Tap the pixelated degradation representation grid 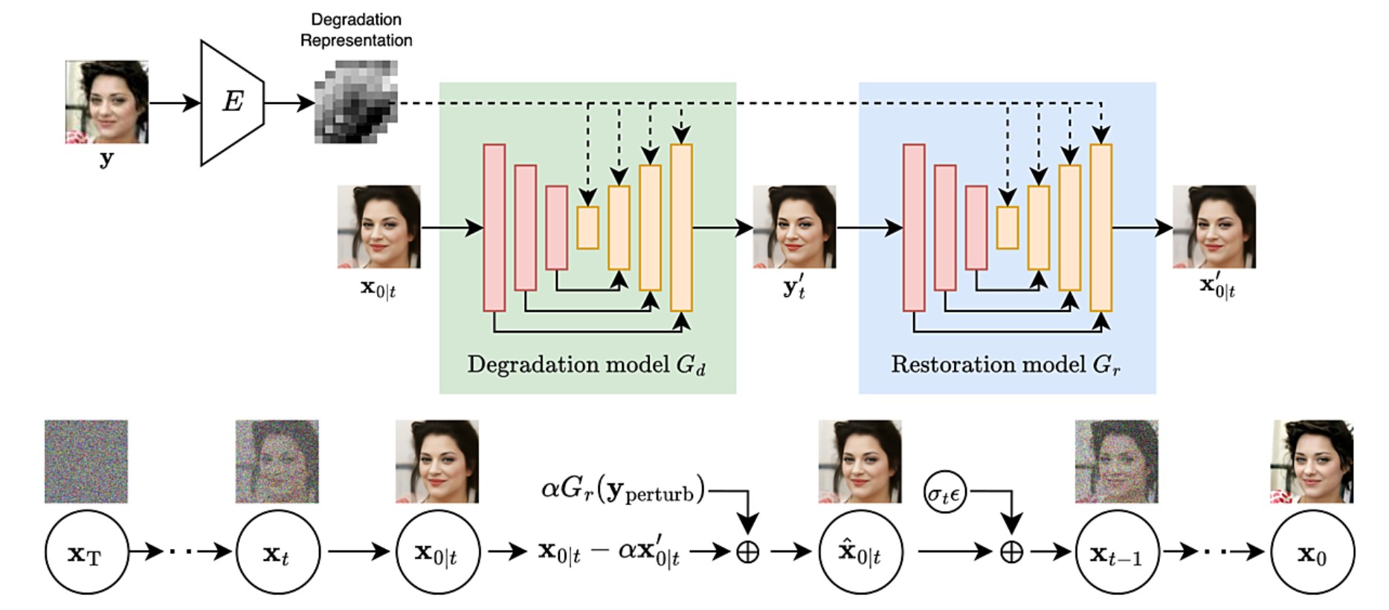coord(355,102)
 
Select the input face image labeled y coord(106,102)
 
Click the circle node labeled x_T coord(86,552)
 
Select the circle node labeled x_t coord(277,552)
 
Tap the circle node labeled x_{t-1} coord(1117,552)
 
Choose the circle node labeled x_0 coord(1312,552)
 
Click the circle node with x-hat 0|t coord(860,552)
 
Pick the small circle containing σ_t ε coord(945,493)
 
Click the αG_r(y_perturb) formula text coord(623,490)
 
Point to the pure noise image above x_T coord(86,461)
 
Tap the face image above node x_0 coord(1312,461)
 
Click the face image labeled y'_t coord(794,227)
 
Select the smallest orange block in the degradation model coord(587,228)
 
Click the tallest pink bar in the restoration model coord(914,228)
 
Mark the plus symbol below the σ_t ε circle coord(1011,552)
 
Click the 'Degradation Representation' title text coord(356,30)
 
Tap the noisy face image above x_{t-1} coord(1117,461)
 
